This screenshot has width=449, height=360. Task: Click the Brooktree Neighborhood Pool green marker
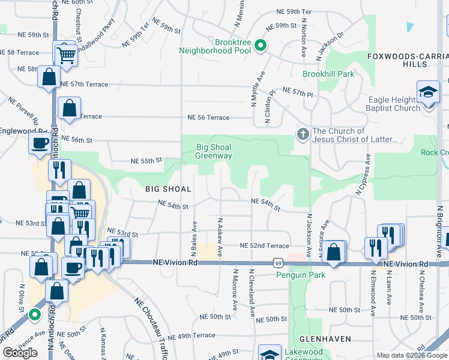(261, 46)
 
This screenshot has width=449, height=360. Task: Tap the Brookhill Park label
(328, 74)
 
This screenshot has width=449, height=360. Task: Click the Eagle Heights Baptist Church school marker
(428, 94)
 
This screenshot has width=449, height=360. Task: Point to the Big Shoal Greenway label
(214, 151)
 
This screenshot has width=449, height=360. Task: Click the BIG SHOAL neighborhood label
(168, 189)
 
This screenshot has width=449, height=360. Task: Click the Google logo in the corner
(20, 353)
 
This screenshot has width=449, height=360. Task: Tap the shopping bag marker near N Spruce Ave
(336, 252)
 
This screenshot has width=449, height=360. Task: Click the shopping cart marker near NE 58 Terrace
(66, 55)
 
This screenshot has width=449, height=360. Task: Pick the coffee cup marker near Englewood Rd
(40, 144)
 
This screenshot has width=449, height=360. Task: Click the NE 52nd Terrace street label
(265, 246)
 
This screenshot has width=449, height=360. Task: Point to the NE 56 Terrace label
(208, 118)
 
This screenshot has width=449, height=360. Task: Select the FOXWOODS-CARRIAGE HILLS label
(408, 59)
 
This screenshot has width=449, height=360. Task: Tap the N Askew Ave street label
(220, 235)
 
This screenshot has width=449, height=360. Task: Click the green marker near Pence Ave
(35, 313)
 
